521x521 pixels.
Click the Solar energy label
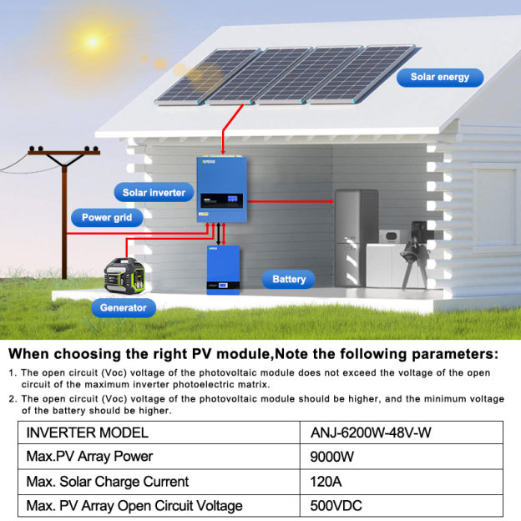point(440,78)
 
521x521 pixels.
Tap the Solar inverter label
point(154,193)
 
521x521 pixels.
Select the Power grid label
point(106,218)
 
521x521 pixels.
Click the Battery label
point(289,280)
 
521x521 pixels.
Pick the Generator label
point(124,308)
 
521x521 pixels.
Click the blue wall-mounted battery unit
point(223,269)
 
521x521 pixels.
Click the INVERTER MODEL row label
point(88,432)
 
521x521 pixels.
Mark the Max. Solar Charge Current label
point(108,482)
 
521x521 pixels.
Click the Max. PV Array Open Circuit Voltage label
point(134,506)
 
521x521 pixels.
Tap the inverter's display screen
point(231,200)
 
